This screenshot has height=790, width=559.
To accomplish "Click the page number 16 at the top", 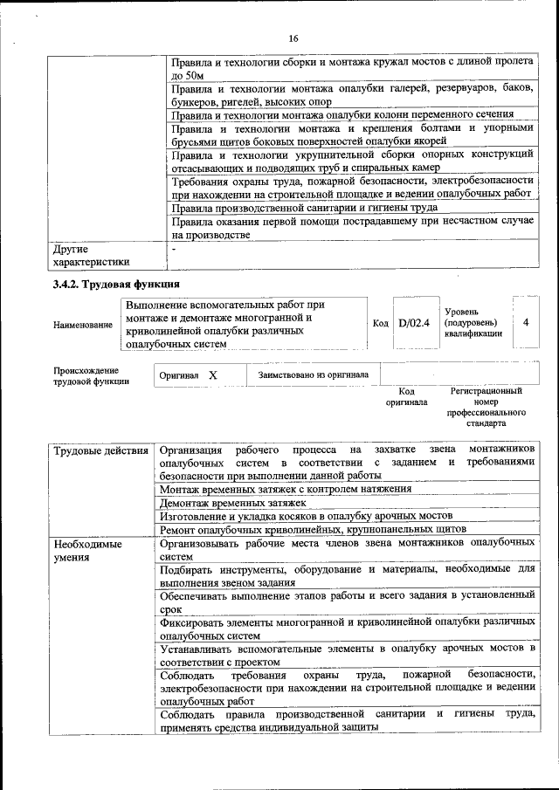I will point(293,38).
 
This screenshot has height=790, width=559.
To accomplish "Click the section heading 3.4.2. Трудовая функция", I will point(116,285).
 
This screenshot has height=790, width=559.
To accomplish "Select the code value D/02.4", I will point(414,324).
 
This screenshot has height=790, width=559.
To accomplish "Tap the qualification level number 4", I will point(526,322).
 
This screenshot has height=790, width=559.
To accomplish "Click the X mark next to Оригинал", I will point(212,374).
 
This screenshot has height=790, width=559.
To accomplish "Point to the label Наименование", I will point(83,325).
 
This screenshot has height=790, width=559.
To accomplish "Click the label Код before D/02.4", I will point(381,324).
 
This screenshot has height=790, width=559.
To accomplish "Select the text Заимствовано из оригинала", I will point(313,374).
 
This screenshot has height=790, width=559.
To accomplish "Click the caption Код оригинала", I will point(406,397).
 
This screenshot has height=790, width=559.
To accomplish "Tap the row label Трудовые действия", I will point(100,450).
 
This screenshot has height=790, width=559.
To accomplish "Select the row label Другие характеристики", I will point(91,255).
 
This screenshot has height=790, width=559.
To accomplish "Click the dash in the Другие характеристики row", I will point(174,250).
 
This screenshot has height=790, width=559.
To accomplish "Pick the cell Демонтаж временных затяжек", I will point(232,503).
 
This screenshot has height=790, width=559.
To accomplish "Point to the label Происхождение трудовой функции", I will point(91,375).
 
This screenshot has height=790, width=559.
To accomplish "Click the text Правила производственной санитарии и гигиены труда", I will point(304,208).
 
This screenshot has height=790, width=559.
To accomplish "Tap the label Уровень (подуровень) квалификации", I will point(473,322).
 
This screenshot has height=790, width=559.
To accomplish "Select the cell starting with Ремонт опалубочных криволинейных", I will point(314,529).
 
